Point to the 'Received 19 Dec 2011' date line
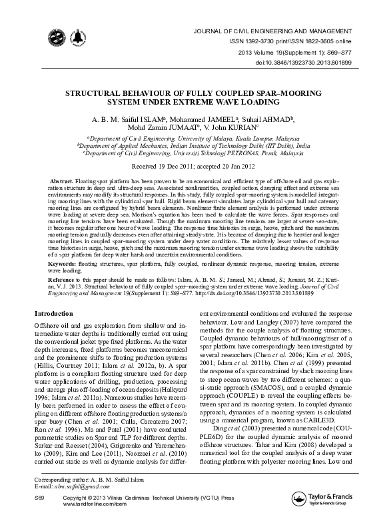pos(193,167)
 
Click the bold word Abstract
pos(63,181)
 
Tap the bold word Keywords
pos(63,264)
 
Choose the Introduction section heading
pos(53,313)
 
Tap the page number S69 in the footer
pos(39,516)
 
